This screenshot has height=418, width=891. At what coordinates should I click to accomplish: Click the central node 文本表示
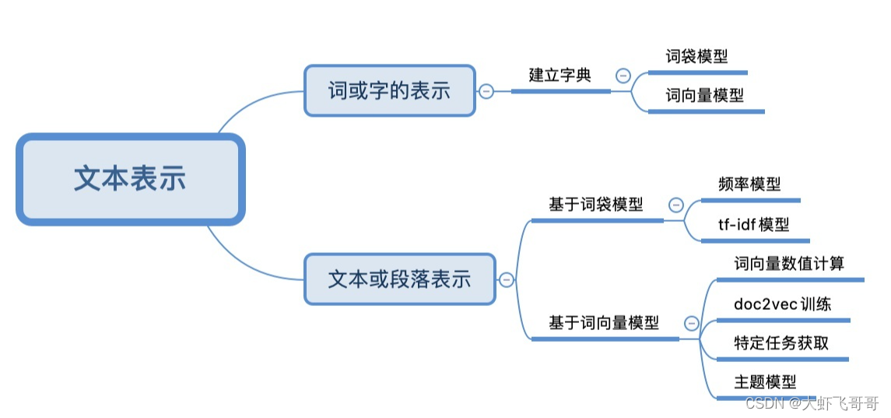(x=130, y=179)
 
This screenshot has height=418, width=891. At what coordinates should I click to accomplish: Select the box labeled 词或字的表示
(x=389, y=90)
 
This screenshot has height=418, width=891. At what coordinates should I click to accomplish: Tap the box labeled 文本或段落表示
(x=399, y=279)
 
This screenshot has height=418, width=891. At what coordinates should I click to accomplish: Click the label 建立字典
(x=560, y=76)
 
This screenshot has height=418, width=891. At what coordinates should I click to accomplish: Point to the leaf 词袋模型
(x=696, y=56)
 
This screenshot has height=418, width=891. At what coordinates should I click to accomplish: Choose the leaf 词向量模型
(x=704, y=96)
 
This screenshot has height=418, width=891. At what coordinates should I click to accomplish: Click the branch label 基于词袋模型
(x=596, y=205)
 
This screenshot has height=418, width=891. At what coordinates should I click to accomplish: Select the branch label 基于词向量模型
(x=604, y=322)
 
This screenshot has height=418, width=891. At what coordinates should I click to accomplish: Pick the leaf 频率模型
(x=749, y=184)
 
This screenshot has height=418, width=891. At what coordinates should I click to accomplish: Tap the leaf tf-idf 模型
(x=753, y=225)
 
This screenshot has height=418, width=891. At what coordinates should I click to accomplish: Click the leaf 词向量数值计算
(x=789, y=263)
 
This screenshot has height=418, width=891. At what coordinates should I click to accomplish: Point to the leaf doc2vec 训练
(x=782, y=304)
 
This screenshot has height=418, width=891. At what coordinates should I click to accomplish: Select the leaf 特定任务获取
(x=781, y=342)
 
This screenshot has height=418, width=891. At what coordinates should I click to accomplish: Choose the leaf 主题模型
(x=765, y=382)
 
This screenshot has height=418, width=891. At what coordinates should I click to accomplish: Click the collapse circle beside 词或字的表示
(x=486, y=91)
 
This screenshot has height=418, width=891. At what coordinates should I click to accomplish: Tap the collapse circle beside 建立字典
(x=623, y=76)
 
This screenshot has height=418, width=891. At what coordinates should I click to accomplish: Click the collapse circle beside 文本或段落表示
(x=507, y=279)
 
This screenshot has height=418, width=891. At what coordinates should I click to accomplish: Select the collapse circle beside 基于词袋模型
(x=676, y=205)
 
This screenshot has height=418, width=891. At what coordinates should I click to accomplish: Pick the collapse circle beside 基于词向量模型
(x=690, y=323)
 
